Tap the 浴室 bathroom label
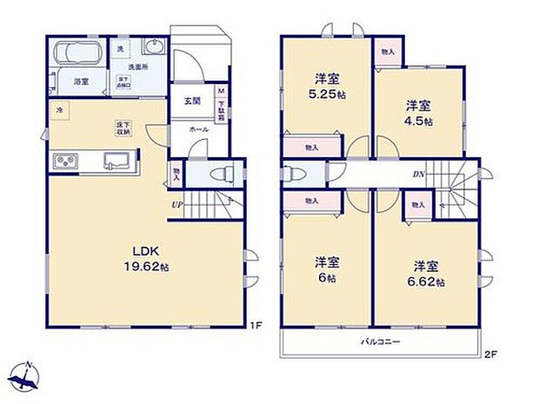tap(81, 81)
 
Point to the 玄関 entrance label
tap(193, 102)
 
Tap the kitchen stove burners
tap(66, 162)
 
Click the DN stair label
tap(418, 174)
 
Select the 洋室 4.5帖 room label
tap(420, 114)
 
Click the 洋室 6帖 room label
tap(327, 268)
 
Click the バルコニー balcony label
tap(381, 342)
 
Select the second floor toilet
tap(292, 172)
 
